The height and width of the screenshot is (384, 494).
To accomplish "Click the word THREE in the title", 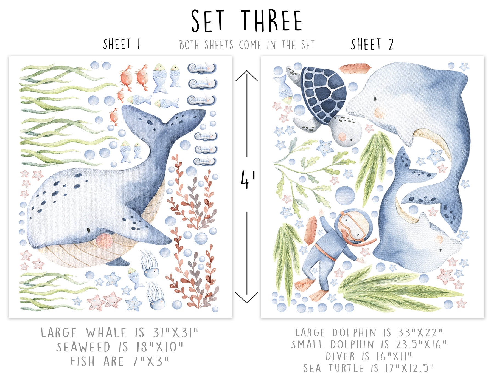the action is (272, 21).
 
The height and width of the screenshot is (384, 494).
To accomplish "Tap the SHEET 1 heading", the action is (122, 44).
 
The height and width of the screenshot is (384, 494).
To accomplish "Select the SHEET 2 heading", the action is (372, 44).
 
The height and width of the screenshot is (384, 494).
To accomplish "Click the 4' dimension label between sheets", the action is (248, 180).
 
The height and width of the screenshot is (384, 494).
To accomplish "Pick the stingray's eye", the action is (440, 250).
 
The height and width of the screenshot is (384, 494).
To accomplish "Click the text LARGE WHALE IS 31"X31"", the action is (120, 333).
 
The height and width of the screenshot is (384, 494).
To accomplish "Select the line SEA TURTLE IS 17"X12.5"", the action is (369, 368).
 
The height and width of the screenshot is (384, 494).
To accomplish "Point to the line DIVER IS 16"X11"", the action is (369, 356).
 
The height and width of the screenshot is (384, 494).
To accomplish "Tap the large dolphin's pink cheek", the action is (380, 112).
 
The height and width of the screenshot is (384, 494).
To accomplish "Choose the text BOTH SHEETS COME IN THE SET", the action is (247, 45).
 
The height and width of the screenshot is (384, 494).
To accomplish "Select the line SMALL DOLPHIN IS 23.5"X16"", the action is (369, 345).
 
